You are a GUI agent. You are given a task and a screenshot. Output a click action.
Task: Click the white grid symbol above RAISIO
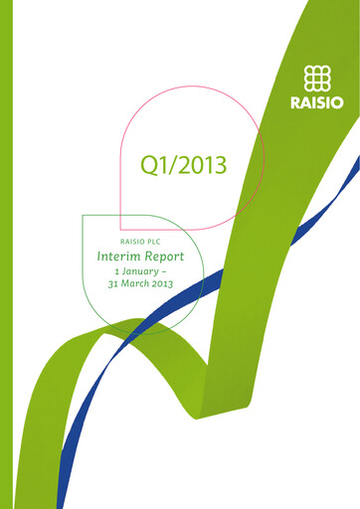(x=316, y=78)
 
